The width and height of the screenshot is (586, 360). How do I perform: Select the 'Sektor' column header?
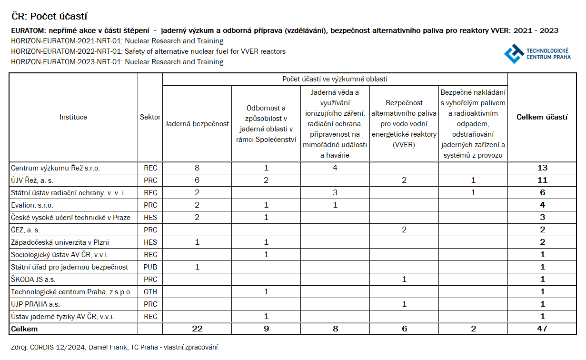point(150,117)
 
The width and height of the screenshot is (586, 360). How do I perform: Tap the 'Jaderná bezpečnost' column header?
point(197,124)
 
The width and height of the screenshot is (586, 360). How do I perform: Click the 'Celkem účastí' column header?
point(542,117)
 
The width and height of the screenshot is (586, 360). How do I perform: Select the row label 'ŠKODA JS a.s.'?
point(33,280)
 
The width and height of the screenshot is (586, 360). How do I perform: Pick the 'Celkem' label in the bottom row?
point(24,329)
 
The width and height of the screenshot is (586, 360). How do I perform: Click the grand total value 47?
point(542,329)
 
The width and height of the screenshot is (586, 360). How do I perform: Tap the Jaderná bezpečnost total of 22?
point(197,329)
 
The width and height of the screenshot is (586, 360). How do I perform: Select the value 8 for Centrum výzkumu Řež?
point(197,168)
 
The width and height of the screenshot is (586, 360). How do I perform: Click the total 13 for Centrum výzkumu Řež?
point(542,168)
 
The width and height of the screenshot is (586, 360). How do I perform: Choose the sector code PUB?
point(150,267)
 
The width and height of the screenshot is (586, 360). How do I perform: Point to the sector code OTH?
point(150,292)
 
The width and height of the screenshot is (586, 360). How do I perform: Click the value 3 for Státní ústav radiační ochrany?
point(335,193)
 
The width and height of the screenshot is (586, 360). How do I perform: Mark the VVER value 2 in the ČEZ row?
point(404,230)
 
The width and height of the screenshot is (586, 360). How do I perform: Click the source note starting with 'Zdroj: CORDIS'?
point(114,348)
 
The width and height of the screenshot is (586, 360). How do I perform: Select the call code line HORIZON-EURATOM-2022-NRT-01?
point(148,51)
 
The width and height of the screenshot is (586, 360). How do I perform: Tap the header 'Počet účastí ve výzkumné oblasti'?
point(335,80)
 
